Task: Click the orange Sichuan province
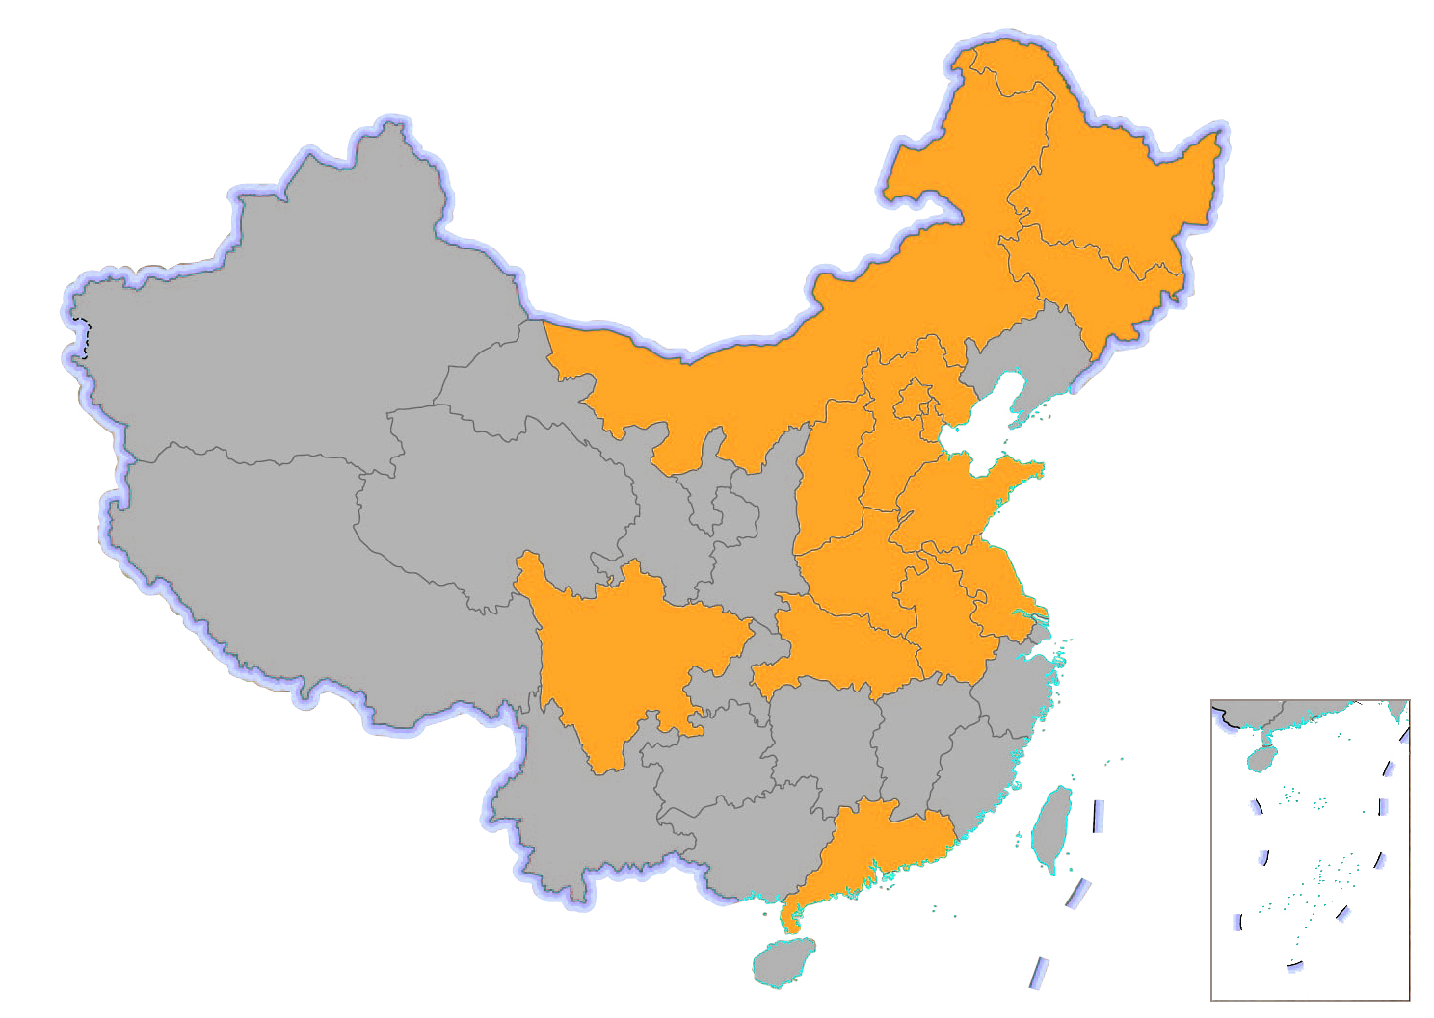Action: (626, 655)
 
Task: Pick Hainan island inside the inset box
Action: (1261, 759)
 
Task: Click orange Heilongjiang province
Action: (1118, 193)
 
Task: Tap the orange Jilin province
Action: (1099, 279)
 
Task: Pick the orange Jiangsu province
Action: (993, 578)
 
